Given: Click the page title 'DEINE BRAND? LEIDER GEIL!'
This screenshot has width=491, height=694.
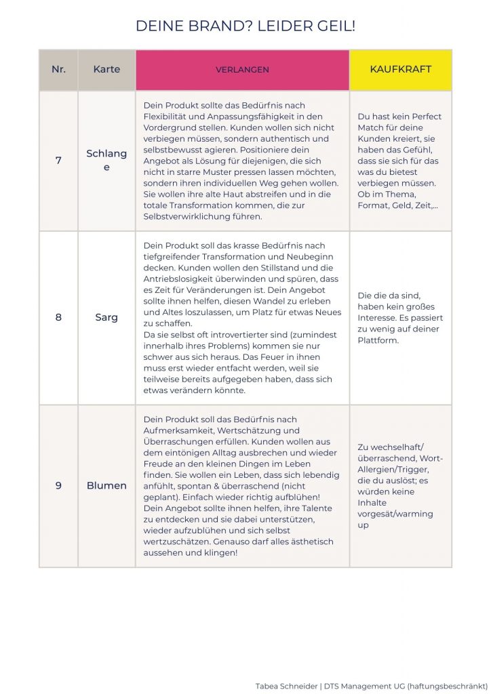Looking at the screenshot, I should tap(245, 26).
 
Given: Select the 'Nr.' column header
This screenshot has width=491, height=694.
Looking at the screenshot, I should tap(58, 69).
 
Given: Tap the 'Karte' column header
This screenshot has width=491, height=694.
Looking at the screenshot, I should tap(106, 69).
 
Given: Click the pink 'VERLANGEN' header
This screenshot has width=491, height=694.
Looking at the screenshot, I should tap(242, 70).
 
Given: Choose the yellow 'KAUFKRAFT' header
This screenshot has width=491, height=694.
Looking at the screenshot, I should tap(400, 69).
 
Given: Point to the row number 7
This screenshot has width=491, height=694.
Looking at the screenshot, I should tap(58, 161).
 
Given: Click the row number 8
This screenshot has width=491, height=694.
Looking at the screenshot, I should tap(58, 317).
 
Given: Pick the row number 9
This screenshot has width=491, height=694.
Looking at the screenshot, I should tap(58, 485).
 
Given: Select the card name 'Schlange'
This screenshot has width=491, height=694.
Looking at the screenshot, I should tap(106, 160).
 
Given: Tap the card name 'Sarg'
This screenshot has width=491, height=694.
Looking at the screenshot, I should tap(106, 317).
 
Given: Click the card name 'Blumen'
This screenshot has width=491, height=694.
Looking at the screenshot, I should tap(106, 485).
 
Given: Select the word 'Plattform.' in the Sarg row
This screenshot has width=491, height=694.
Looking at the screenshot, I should tap(378, 340).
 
